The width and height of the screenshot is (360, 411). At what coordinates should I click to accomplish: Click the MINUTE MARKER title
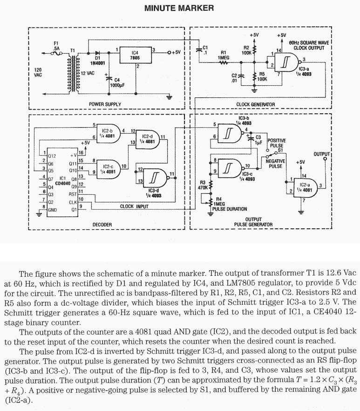179,8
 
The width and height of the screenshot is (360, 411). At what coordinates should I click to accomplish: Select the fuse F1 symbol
56,54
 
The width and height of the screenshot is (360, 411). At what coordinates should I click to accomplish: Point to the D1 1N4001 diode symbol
97,53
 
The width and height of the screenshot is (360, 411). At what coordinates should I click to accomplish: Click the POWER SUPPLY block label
105,104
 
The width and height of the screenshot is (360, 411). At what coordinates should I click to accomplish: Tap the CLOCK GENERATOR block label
256,104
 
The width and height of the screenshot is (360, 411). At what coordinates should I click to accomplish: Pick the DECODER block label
102,225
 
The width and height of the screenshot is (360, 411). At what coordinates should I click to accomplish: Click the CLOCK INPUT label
134,206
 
